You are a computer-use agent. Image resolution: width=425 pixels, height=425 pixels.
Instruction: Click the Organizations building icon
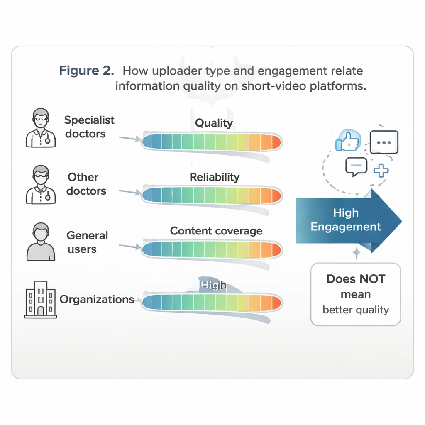point(40,298)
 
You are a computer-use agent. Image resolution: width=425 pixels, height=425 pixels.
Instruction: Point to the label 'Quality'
point(214,123)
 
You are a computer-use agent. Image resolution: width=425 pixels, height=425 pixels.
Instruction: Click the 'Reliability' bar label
point(215,177)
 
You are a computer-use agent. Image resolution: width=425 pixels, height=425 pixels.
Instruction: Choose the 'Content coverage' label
point(216,231)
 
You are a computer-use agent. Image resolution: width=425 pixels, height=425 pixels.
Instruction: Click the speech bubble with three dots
point(384,142)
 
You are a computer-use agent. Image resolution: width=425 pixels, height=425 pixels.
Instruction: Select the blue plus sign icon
point(381,170)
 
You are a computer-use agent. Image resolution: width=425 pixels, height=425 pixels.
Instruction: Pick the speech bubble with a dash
point(356,166)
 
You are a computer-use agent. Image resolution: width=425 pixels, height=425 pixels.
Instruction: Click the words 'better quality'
point(356,310)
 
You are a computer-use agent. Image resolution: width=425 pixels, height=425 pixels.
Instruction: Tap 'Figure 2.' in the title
point(86,71)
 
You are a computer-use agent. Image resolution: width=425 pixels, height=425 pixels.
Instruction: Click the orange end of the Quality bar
point(276,142)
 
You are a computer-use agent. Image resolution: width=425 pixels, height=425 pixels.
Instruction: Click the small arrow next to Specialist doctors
point(130,138)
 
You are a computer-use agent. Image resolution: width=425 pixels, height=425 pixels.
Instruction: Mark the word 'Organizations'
point(97,299)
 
